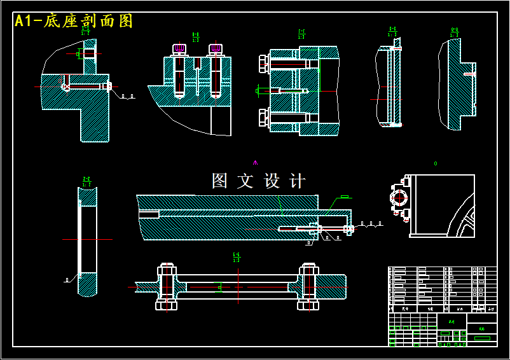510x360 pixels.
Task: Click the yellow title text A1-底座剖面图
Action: (x=74, y=21)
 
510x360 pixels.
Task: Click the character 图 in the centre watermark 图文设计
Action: (x=219, y=181)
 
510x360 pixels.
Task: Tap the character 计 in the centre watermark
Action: (x=297, y=181)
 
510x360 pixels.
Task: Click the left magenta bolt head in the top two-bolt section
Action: (x=179, y=48)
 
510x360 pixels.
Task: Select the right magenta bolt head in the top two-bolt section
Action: (x=216, y=48)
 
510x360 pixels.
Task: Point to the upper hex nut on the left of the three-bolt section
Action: (x=263, y=63)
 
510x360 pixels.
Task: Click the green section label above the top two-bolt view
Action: (x=195, y=36)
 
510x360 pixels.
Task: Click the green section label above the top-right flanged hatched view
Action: (x=455, y=31)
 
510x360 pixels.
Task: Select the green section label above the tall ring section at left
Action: (x=86, y=182)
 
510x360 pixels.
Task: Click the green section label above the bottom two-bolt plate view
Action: (x=236, y=258)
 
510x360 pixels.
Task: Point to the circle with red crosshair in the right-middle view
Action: (x=400, y=197)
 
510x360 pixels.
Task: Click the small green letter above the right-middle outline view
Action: (x=436, y=163)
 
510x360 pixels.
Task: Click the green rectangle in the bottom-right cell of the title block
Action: (x=482, y=338)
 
